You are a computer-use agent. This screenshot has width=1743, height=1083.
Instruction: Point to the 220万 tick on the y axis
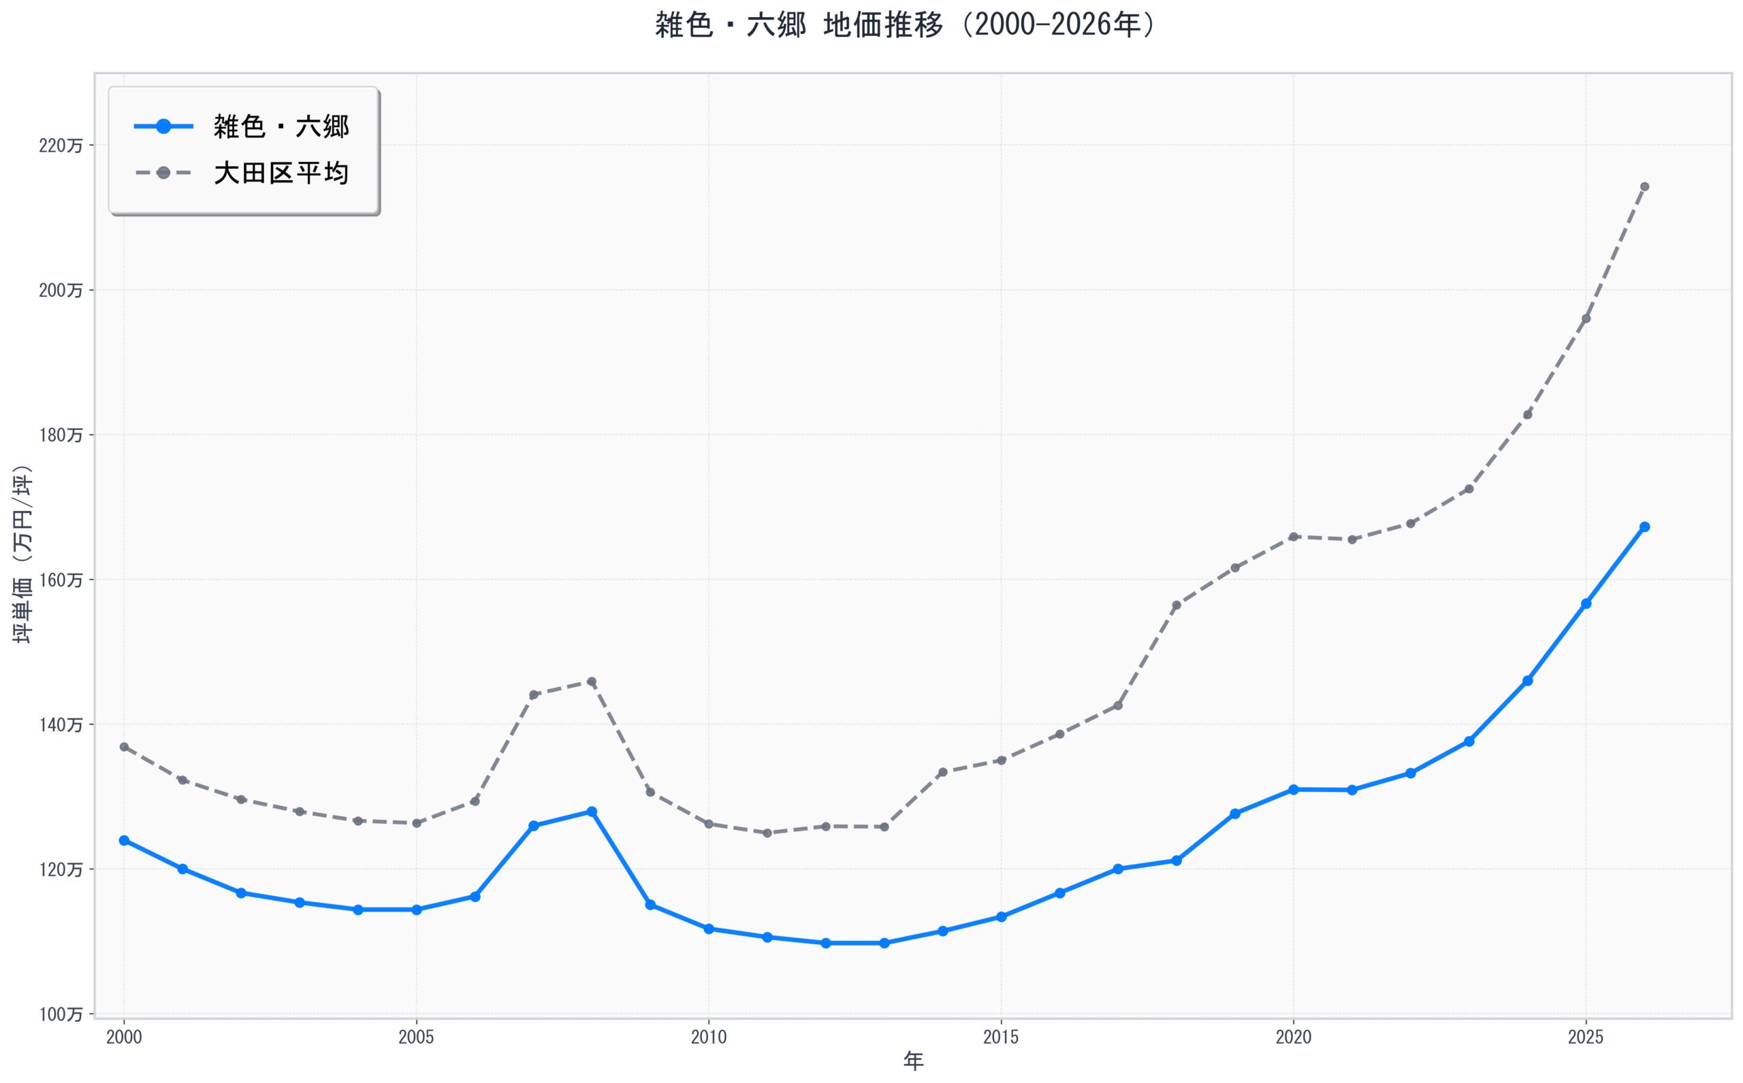click(60, 146)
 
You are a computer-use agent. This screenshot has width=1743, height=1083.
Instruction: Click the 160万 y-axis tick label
click(60, 580)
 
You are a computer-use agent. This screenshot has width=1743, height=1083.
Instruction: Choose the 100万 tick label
click(60, 1014)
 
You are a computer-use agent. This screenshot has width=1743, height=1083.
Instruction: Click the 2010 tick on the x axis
click(708, 1037)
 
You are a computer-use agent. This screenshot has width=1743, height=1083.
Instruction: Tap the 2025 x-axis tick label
click(1585, 1037)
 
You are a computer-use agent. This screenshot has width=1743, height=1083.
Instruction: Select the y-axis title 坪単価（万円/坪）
click(23, 554)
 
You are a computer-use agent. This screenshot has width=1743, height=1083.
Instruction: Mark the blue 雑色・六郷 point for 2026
click(1645, 527)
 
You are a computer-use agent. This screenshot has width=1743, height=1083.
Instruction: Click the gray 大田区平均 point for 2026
click(1645, 187)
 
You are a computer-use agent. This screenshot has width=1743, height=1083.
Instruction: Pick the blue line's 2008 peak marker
click(591, 812)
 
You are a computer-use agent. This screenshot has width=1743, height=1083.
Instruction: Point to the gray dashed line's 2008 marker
click(591, 682)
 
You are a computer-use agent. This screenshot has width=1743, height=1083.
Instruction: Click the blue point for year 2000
click(124, 840)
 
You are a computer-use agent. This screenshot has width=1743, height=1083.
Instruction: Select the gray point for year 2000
click(124, 747)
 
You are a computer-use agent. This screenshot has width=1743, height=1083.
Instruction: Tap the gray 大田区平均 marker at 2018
click(1176, 605)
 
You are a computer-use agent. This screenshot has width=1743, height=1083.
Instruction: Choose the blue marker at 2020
click(1294, 789)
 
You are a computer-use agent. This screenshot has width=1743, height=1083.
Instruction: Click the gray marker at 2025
click(1586, 319)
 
